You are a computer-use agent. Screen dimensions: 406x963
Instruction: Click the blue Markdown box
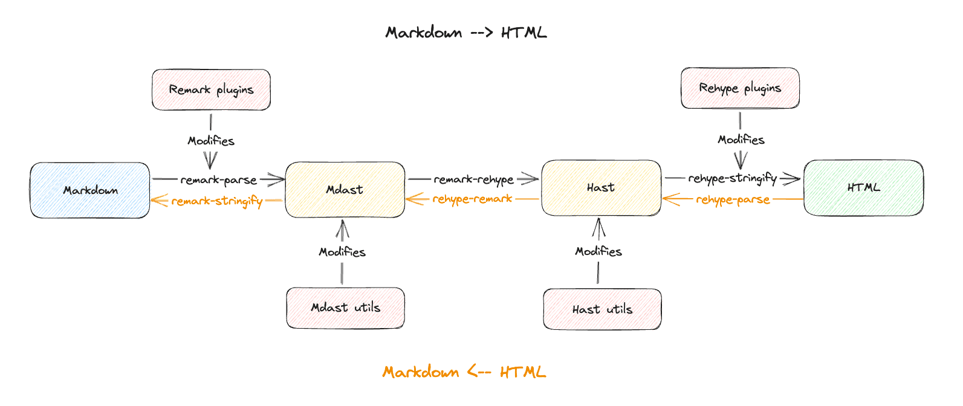(x=90, y=190)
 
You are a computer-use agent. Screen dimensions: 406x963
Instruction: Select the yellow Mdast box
(x=345, y=190)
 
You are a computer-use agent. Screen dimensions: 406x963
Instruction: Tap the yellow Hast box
(x=601, y=188)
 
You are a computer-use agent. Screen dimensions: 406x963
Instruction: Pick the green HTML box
(x=863, y=187)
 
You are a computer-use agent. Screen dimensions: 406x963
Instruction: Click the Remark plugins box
(x=211, y=90)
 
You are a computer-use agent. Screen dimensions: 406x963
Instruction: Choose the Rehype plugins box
(x=740, y=88)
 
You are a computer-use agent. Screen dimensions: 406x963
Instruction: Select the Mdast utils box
(x=345, y=308)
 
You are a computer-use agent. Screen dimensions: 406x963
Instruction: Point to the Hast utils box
(x=602, y=309)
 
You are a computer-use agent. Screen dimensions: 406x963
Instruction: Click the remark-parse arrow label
(x=218, y=180)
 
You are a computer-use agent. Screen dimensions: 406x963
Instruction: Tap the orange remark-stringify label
(x=217, y=201)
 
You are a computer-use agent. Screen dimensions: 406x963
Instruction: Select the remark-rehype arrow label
(x=473, y=179)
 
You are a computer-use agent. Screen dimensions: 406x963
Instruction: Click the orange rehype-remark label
(x=472, y=199)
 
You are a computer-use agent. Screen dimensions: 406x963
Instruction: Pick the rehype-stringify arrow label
(x=732, y=178)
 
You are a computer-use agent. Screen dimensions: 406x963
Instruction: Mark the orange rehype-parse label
(x=733, y=199)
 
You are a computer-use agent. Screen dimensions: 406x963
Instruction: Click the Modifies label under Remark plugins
(x=211, y=141)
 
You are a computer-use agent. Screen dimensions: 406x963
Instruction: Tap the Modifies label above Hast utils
(x=598, y=251)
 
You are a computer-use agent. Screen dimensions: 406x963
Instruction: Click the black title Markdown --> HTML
(x=466, y=33)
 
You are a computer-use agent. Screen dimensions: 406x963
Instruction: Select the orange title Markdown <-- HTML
(x=464, y=372)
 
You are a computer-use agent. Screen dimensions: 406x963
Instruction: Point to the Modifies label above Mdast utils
(x=342, y=252)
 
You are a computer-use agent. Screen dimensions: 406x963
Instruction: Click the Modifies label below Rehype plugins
(x=741, y=140)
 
